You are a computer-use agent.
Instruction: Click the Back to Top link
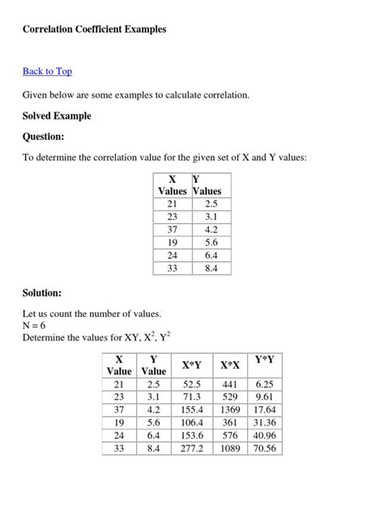47,71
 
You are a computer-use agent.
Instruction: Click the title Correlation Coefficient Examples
94,29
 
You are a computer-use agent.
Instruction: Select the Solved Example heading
57,116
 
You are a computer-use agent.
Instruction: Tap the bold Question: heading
44,137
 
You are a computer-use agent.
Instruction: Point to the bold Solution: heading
42,293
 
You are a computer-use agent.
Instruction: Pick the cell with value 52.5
192,384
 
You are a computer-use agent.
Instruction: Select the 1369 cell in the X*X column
229,410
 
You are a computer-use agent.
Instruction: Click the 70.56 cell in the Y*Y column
264,448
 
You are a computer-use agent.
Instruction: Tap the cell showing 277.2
192,448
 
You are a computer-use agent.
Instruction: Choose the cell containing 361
229,422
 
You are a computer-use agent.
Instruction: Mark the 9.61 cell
264,397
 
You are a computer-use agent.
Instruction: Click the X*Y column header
192,365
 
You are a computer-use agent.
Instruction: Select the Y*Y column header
264,360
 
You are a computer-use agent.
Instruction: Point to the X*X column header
229,365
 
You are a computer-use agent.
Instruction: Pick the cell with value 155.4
192,410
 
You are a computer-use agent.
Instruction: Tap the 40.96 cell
264,435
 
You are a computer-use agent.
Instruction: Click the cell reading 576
229,435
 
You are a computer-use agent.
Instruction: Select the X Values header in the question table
172,185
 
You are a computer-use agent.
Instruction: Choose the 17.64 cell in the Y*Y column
264,410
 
